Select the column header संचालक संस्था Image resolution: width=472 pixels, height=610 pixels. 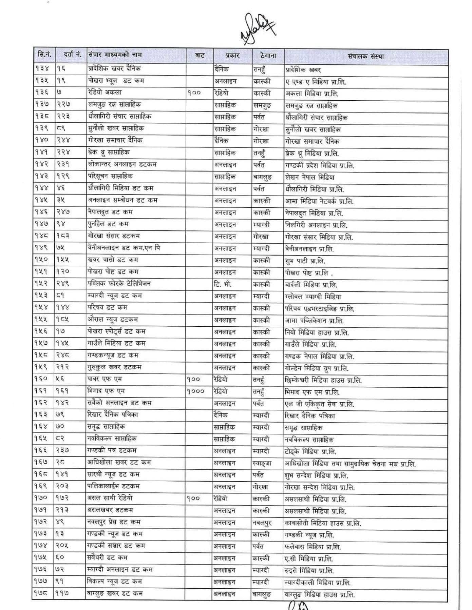point(365,56)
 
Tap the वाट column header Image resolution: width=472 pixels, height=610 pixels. point(200,56)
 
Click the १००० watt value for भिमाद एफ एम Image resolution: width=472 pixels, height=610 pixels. point(195,391)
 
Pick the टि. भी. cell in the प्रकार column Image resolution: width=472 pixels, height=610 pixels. point(223,284)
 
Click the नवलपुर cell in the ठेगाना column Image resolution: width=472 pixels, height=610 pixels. point(262,523)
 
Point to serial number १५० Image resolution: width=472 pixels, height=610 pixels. point(42,260)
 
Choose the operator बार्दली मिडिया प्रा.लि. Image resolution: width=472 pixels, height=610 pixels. point(311,285)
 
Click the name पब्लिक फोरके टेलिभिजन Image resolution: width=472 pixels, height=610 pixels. point(119,284)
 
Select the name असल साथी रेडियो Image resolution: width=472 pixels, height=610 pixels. point(110,498)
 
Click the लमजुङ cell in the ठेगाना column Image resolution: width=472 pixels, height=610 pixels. point(262,105)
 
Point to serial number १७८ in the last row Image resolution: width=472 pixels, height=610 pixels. point(42,593)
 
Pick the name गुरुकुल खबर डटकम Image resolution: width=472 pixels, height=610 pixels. point(114,367)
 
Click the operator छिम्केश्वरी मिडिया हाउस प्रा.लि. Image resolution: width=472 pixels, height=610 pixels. point(323,380)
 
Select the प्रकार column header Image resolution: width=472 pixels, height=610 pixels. point(232,56)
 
